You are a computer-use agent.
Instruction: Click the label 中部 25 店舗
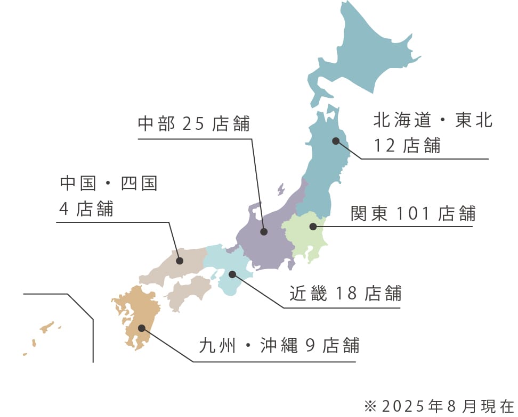193,123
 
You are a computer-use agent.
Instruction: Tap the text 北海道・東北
433,121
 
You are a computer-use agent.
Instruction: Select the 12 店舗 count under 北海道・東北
407,145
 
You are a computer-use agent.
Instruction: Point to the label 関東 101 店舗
412,214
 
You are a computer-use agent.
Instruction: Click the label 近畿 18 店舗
345,293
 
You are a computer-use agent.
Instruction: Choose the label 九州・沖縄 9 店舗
279,345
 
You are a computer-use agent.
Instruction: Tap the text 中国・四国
109,184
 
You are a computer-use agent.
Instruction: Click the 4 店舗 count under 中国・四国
86,208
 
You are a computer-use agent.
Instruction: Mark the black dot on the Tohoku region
336,141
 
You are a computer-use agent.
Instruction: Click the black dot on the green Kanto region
313,227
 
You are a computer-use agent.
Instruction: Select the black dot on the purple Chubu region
263,232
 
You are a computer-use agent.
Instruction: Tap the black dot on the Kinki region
232,274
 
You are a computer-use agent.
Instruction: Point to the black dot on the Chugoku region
180,261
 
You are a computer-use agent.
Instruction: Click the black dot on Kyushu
141,328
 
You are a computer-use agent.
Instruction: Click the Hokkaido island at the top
362,53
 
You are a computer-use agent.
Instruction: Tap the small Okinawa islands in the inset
47,327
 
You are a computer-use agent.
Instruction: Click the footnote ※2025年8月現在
439,406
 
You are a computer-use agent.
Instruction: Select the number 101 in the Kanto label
413,214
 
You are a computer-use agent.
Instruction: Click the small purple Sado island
280,189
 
